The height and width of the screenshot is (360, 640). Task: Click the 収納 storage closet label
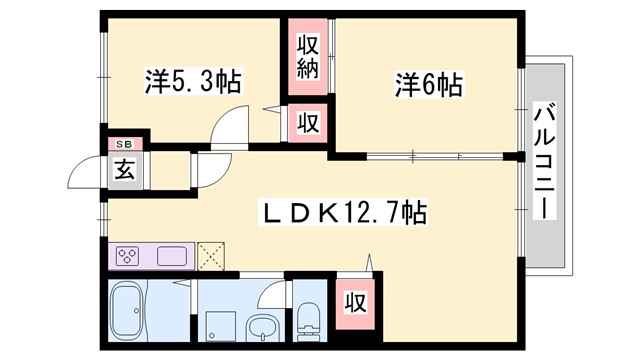(307, 58)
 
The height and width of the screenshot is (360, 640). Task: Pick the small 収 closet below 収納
(307, 124)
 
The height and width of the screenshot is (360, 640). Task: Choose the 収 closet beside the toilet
(353, 301)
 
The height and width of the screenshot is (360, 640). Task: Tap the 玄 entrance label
(124, 168)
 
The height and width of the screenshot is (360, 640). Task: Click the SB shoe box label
(125, 144)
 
